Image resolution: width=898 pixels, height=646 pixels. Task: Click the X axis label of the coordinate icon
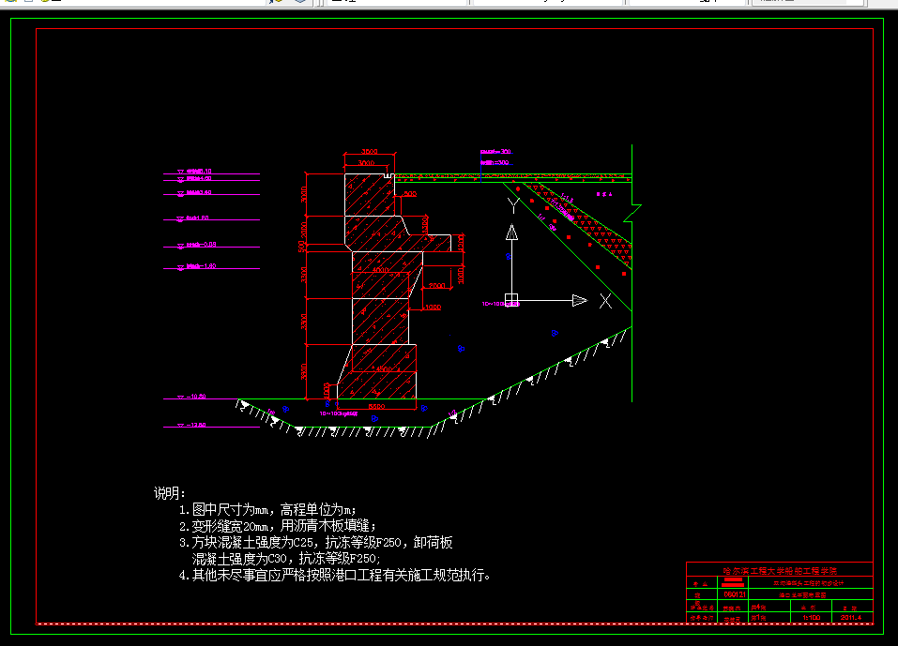click(x=605, y=301)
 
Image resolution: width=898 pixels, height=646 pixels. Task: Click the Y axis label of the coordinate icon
click(x=511, y=203)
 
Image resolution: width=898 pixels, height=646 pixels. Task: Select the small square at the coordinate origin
click(x=511, y=300)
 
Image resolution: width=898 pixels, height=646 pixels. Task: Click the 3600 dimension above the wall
click(x=368, y=152)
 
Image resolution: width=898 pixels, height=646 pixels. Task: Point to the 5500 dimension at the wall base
click(x=375, y=407)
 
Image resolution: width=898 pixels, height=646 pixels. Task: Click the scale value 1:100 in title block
click(x=811, y=618)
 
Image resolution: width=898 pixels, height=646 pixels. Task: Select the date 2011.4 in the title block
click(x=852, y=618)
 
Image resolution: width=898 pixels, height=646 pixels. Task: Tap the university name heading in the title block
click(x=780, y=570)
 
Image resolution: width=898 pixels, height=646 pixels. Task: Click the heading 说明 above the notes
click(x=170, y=493)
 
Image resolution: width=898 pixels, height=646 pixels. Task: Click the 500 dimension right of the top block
click(x=410, y=194)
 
